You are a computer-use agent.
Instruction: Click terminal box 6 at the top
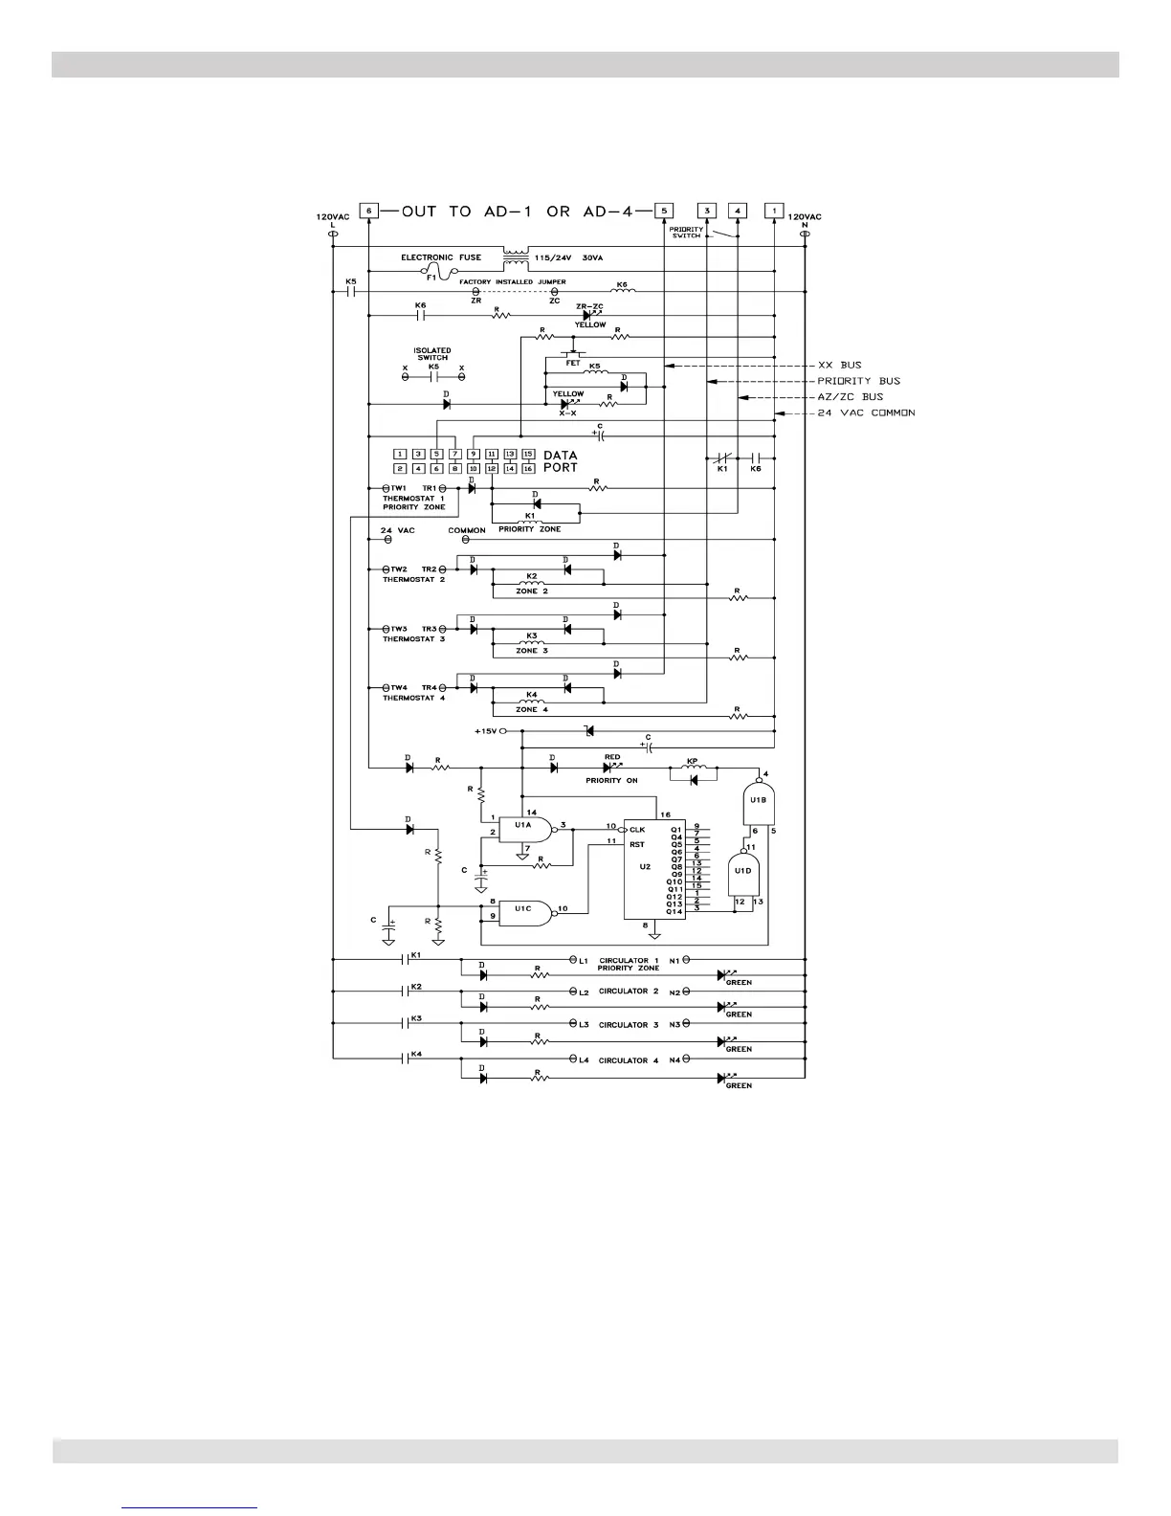[x=368, y=211]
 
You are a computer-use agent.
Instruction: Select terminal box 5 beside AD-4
[x=664, y=211]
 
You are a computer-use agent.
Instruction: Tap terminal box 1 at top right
[x=774, y=211]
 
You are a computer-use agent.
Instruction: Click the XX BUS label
[x=840, y=366]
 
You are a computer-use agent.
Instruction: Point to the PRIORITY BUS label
[x=858, y=381]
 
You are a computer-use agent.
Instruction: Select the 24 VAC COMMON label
[x=867, y=412]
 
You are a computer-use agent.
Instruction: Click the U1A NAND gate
[x=525, y=830]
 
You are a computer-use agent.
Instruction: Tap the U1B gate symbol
[x=758, y=801]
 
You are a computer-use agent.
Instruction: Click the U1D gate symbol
[x=742, y=870]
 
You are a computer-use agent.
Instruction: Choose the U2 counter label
[x=645, y=866]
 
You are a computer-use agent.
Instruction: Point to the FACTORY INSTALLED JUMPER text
[x=512, y=282]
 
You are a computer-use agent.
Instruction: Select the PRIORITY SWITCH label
[x=686, y=233]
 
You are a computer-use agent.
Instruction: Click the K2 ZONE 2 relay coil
[x=532, y=582]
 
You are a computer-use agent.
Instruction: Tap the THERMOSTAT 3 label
[x=414, y=639]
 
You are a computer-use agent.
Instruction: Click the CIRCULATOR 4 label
[x=629, y=1060]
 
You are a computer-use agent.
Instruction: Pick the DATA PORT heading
[x=561, y=461]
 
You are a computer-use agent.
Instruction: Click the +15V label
[x=486, y=730]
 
